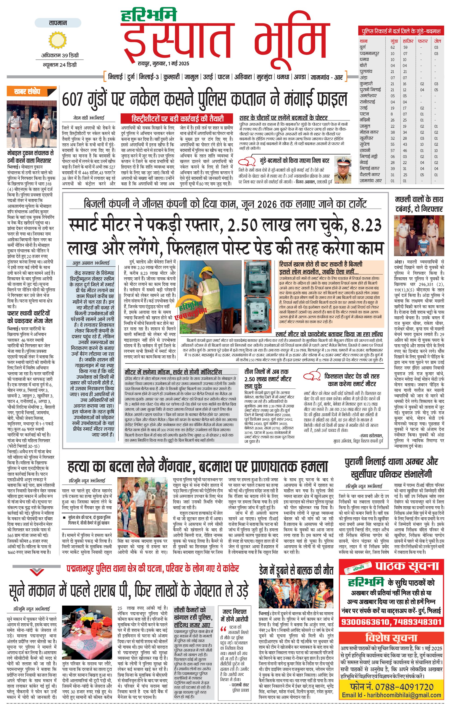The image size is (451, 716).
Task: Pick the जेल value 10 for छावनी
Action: (x=436, y=150)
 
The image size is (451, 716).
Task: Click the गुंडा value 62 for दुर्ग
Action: (x=393, y=47)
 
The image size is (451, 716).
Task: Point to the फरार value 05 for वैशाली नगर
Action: (x=422, y=175)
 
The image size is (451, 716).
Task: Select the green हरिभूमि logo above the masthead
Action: (x=149, y=15)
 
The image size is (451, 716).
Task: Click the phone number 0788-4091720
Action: (x=400, y=687)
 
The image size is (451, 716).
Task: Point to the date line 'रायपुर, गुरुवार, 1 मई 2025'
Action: (x=163, y=63)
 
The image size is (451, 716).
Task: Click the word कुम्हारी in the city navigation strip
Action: (x=172, y=77)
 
